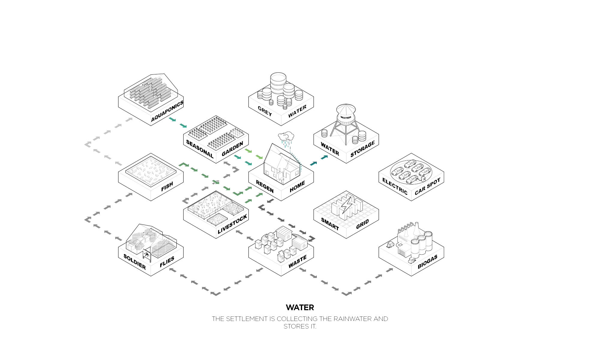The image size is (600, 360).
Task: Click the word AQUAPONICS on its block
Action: pos(167,111)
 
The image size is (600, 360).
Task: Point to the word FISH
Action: pos(167,186)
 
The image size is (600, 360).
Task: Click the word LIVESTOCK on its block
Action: pos(232,224)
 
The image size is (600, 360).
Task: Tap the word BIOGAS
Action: pos(427,262)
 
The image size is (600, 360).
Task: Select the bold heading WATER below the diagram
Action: pos(300,307)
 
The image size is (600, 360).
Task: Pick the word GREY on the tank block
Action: pos(265,111)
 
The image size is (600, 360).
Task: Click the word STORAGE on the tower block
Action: pos(363,149)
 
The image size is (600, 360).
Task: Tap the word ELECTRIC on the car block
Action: pos(395,186)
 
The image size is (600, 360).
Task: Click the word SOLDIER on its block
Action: pos(135,262)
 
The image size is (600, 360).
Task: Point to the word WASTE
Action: pos(298,262)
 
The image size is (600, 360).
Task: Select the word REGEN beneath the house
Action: pos(265,186)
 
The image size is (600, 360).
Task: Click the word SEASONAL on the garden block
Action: pos(200,149)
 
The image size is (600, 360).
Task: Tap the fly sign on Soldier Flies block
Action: pos(147,255)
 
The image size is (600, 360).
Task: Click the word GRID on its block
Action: pos(362,224)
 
